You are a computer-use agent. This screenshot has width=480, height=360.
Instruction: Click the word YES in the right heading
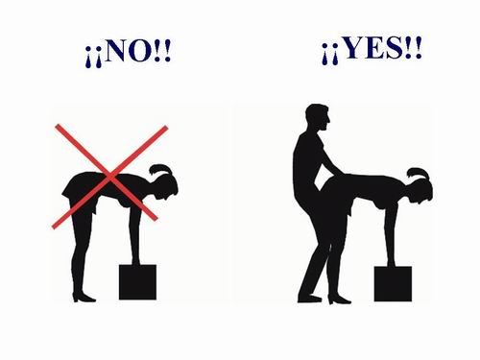pos(372,48)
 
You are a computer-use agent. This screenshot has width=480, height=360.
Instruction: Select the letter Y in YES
pos(352,48)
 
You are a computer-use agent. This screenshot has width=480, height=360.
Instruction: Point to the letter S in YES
pos(395,48)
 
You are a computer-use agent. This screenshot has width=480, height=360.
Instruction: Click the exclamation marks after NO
pos(162,51)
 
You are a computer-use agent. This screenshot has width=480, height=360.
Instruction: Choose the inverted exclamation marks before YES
pos(330,55)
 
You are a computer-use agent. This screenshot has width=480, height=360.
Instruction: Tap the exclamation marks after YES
pos(414,48)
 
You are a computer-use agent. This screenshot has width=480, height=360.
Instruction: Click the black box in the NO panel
pos(137,282)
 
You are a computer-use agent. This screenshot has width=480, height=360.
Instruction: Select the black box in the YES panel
pos(393,283)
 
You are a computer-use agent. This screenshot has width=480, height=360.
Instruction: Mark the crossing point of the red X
pos(109,177)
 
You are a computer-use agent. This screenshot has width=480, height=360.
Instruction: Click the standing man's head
pos(318,117)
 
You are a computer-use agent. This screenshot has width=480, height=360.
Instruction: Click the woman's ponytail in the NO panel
pos(161,170)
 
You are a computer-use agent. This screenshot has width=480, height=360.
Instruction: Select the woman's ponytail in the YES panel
pos(418,174)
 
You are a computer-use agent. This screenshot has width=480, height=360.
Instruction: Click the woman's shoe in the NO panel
pos(84,298)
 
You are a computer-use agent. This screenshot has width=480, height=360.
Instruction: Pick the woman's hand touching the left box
pos(136,261)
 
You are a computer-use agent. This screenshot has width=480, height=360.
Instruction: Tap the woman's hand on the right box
pos(392,262)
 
